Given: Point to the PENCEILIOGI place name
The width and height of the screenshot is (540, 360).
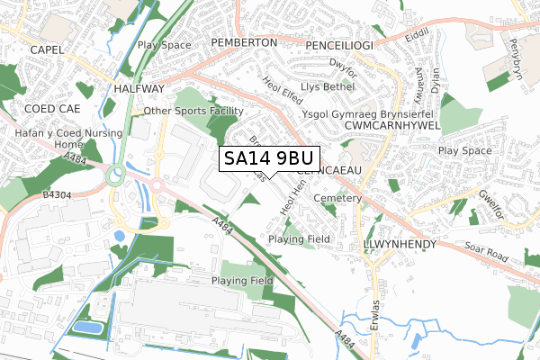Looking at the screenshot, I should coord(340,43).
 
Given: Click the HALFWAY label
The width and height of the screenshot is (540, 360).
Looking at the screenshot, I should coord(139,89).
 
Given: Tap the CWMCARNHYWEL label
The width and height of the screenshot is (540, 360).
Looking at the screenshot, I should coord(392,126).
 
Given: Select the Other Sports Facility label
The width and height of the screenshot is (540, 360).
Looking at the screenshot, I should coord(193,112).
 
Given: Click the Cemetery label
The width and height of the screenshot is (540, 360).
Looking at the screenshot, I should coord(337,198).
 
